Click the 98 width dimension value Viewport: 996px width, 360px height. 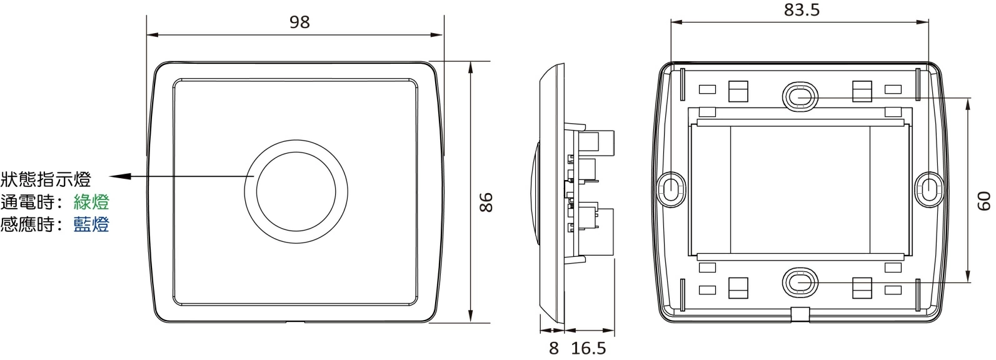pos(299,22)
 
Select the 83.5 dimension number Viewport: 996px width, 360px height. pos(801,10)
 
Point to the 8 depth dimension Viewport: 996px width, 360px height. pos(554,348)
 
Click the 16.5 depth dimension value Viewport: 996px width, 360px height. pos(588,348)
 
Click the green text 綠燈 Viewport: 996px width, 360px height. pos(91,202)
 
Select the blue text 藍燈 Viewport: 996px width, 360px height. pos(91,224)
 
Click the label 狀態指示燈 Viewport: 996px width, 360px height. pos(46,180)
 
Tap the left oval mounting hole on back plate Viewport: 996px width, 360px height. pos(669,187)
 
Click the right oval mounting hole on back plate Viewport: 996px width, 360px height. pos(930,187)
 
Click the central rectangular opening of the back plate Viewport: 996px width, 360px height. pos(800,190)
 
